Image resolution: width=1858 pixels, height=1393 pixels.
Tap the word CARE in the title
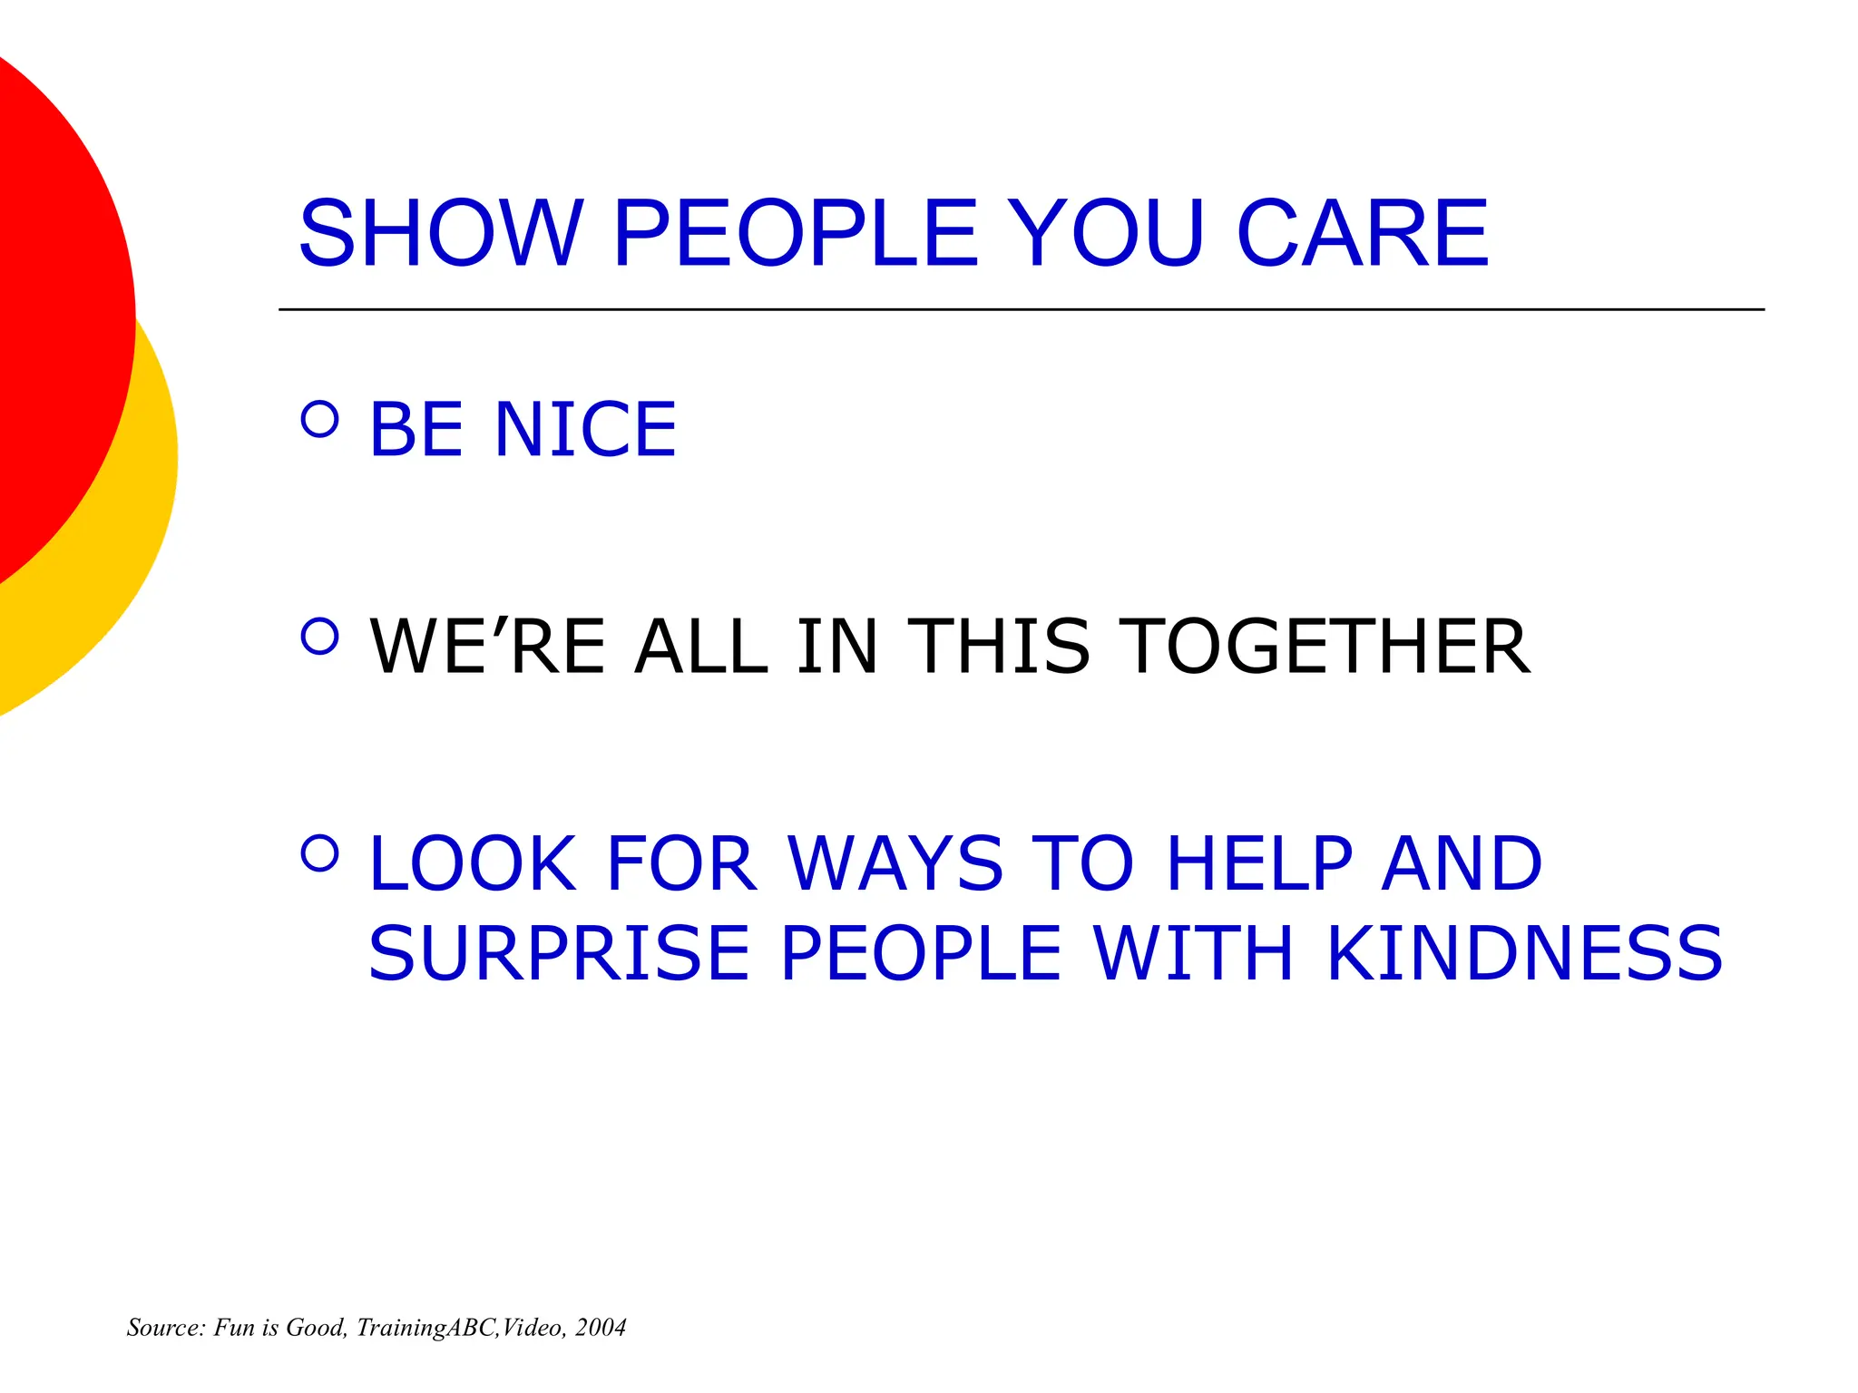(x=1363, y=234)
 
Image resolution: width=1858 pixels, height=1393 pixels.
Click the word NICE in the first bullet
(x=585, y=429)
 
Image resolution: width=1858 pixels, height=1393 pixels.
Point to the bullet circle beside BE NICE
(x=319, y=419)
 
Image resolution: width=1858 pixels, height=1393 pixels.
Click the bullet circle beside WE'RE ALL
(x=319, y=637)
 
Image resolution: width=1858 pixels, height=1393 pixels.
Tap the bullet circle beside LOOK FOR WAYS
(x=319, y=853)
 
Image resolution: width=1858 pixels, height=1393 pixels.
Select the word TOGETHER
(x=1324, y=647)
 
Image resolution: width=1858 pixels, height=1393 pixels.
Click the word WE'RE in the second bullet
(x=488, y=647)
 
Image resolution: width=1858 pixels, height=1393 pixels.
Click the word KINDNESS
(x=1524, y=953)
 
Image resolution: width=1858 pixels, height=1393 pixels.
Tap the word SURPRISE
(x=559, y=953)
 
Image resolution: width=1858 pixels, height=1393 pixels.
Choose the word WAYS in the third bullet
(x=895, y=863)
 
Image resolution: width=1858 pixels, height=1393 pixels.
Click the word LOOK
(x=473, y=863)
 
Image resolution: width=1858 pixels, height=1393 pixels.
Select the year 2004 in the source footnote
(x=601, y=1328)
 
